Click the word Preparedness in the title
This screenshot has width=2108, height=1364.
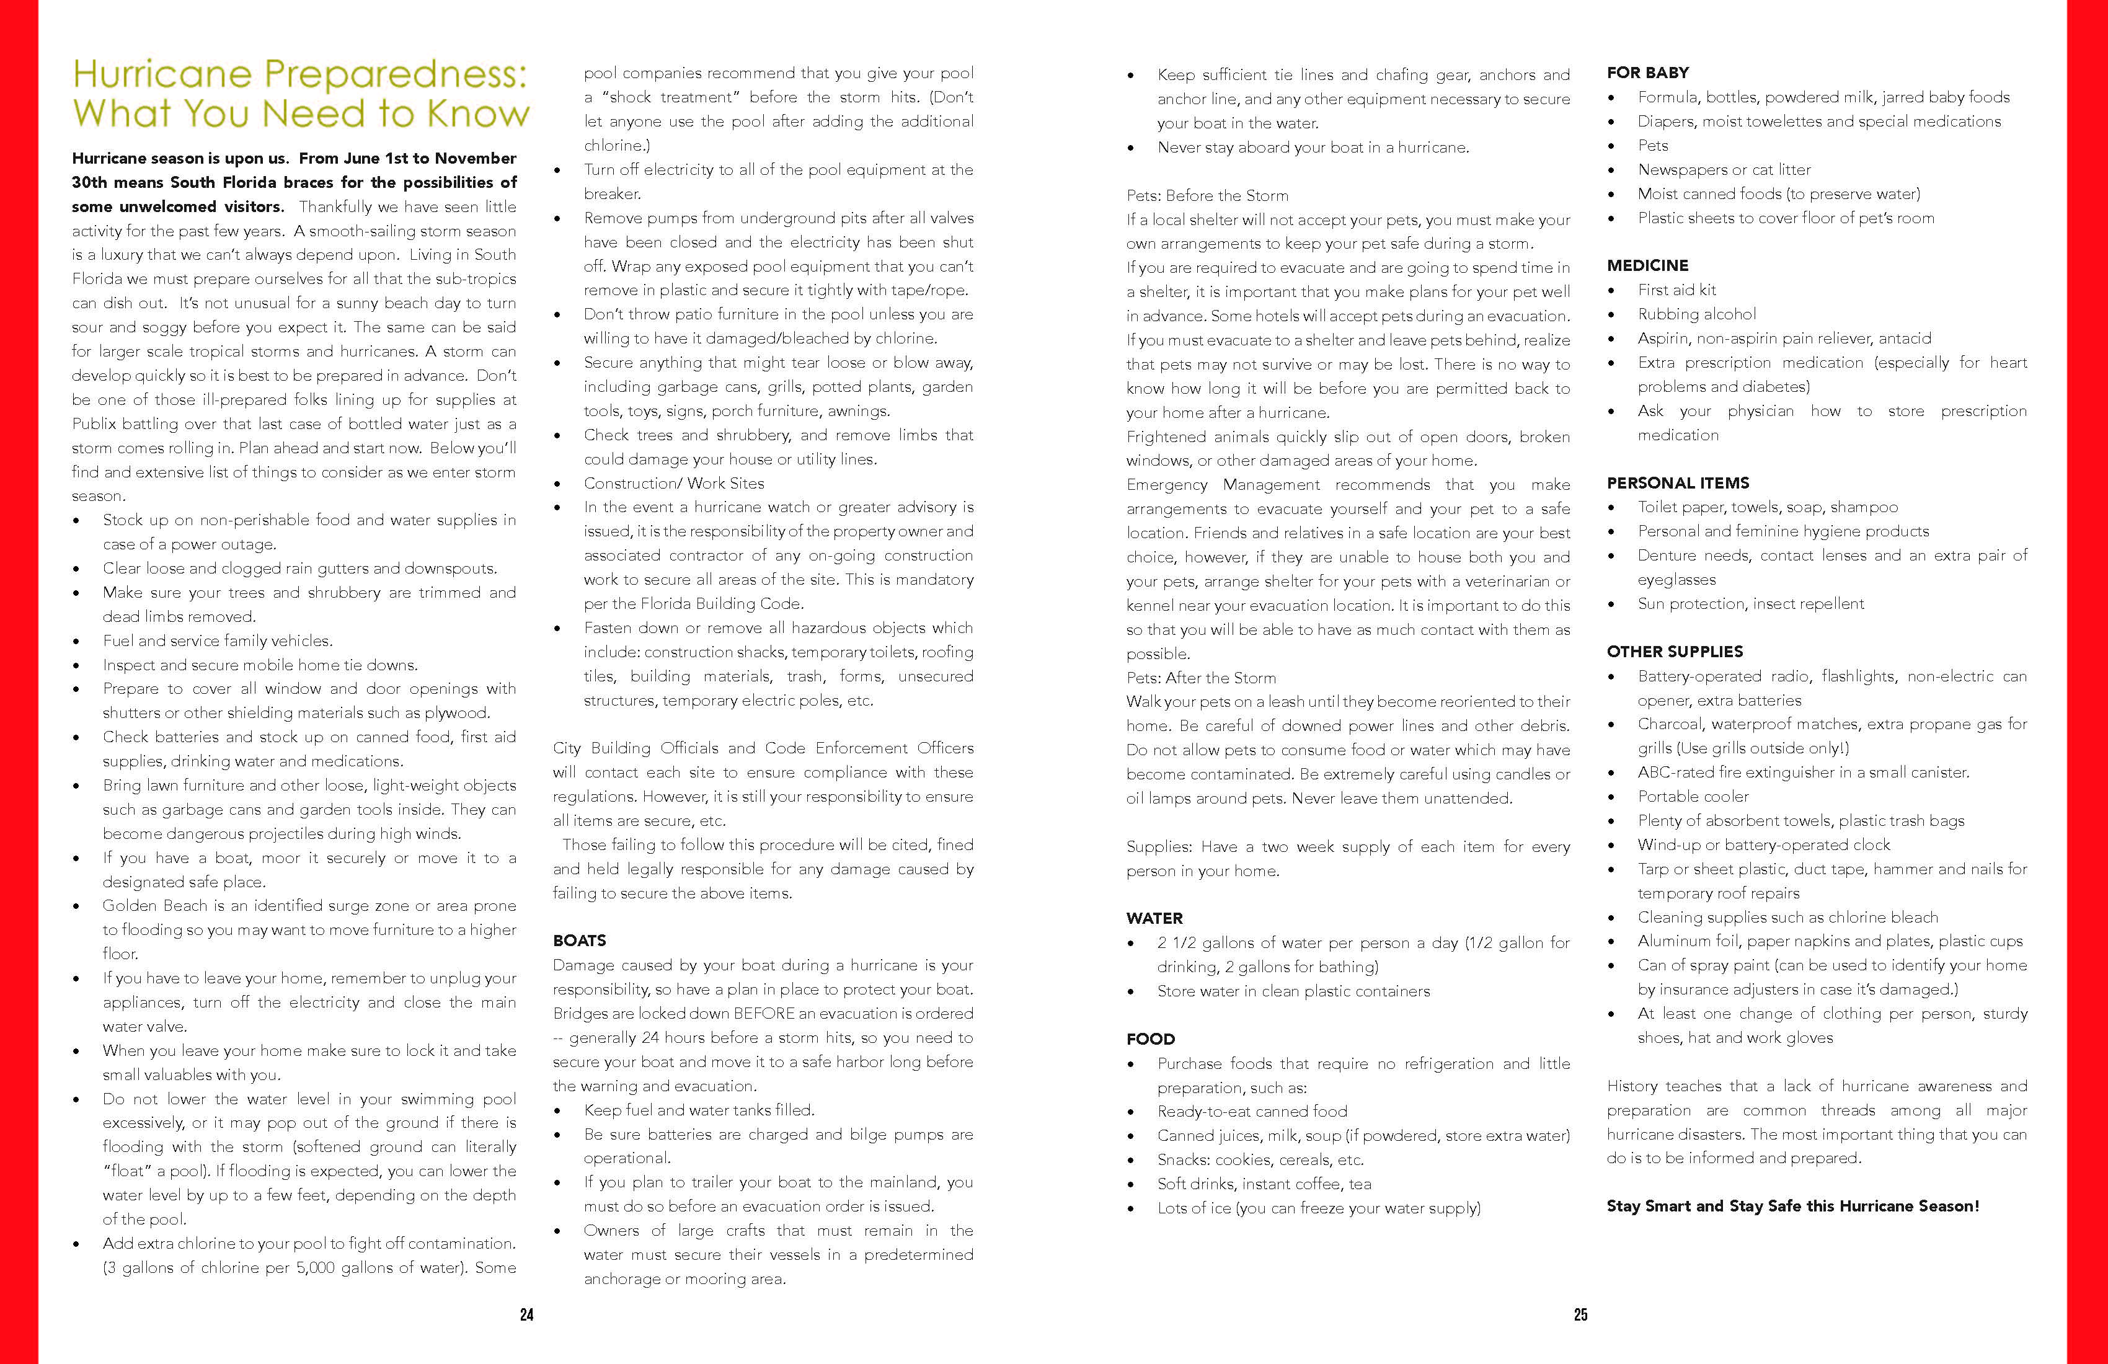coord(396,74)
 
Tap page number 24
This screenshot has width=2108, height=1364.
coord(527,1314)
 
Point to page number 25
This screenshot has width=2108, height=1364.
coord(1581,1314)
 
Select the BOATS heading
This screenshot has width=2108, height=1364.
coord(579,941)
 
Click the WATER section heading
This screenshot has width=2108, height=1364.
coord(1154,918)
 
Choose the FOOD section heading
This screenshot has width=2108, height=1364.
coord(1151,1039)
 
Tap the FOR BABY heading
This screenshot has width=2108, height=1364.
coord(1647,73)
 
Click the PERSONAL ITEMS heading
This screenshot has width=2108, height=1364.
coord(1678,483)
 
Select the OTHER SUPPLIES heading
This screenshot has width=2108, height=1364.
coord(1674,652)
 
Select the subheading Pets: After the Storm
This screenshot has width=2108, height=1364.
coord(1201,678)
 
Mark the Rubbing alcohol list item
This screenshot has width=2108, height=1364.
coord(1696,314)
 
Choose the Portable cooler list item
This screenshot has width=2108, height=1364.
coord(1693,796)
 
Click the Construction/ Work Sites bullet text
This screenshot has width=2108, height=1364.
coord(673,484)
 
